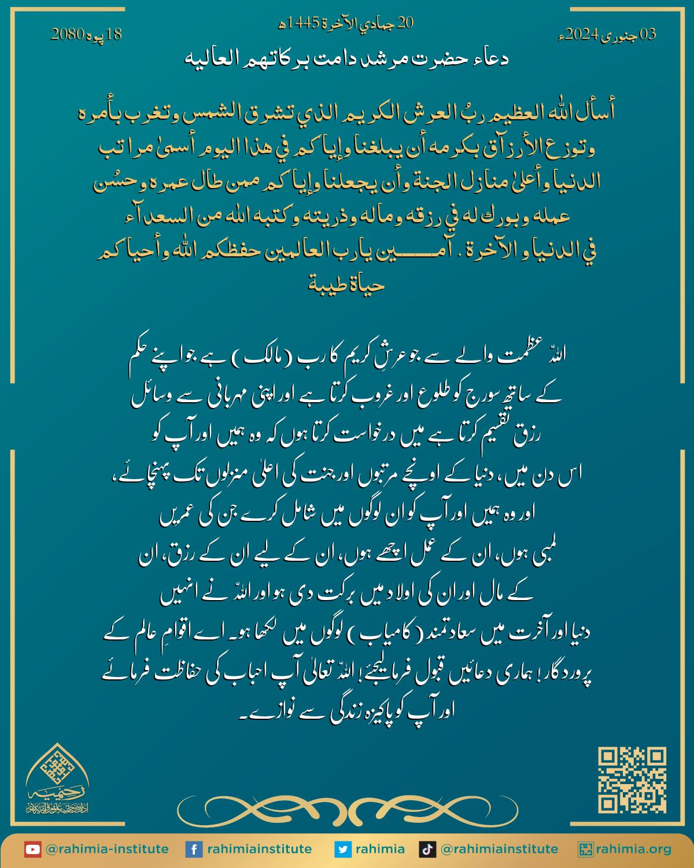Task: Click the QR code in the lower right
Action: [632, 779]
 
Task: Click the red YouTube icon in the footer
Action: [32, 849]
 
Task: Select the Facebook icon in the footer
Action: [193, 849]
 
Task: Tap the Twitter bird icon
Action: [343, 849]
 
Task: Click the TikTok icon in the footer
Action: [427, 849]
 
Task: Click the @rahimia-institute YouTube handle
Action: [107, 849]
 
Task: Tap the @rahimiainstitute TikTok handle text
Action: [499, 849]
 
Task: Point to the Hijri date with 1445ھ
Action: [346, 23]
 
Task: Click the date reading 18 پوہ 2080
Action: [87, 34]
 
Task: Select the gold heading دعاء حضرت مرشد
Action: [347, 59]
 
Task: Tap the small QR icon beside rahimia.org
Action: [586, 849]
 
